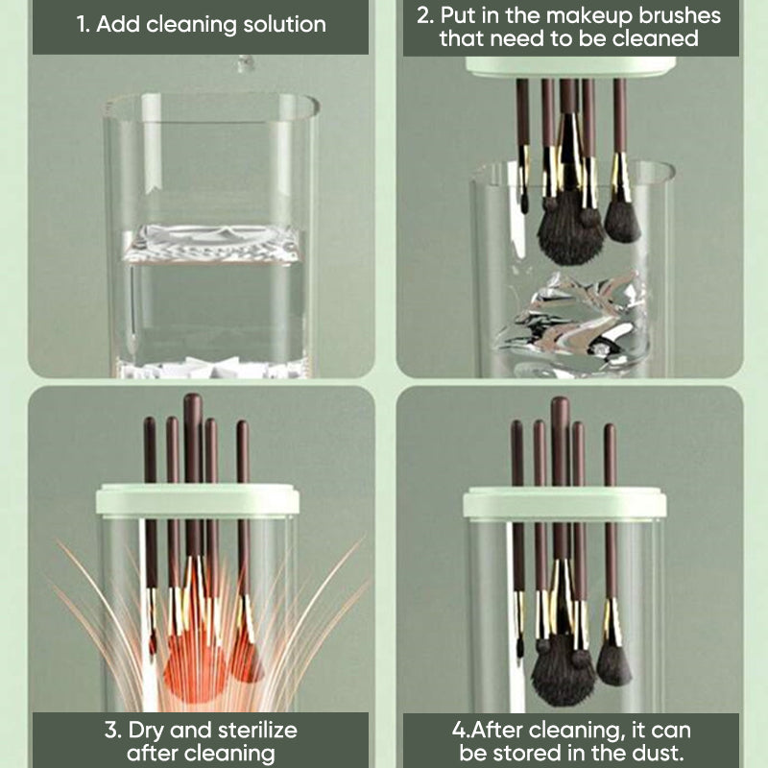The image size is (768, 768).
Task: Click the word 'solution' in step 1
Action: click(x=284, y=24)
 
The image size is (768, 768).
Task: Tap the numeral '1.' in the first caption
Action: click(x=84, y=25)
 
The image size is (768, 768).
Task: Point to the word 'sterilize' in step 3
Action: click(x=257, y=731)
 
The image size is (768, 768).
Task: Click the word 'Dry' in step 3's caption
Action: click(x=146, y=732)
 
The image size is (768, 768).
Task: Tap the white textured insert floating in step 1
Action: click(x=210, y=244)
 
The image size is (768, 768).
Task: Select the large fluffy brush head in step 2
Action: click(x=570, y=229)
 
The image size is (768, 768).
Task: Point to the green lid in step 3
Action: click(x=198, y=500)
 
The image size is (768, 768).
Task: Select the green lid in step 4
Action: click(x=564, y=503)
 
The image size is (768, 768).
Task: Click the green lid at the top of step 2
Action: click(x=570, y=67)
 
